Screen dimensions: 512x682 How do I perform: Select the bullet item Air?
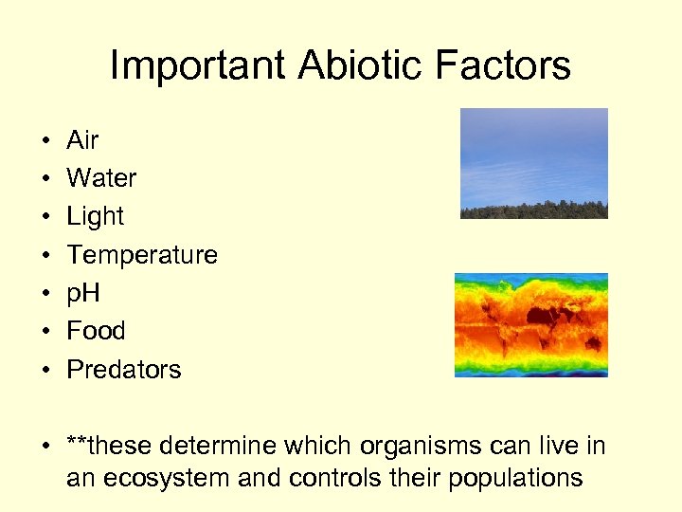coord(82,140)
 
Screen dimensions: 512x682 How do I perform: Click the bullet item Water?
coord(101,178)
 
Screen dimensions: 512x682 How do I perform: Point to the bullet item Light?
coord(95,216)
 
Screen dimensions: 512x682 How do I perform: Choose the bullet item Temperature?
coord(142,255)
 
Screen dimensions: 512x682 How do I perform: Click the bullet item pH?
coord(83,293)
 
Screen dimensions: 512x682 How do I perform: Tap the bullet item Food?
coord(96,331)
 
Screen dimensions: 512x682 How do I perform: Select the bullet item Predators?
coord(123,369)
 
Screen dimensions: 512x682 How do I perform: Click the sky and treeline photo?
coord(533,163)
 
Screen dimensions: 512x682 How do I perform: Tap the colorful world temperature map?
coord(530,325)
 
